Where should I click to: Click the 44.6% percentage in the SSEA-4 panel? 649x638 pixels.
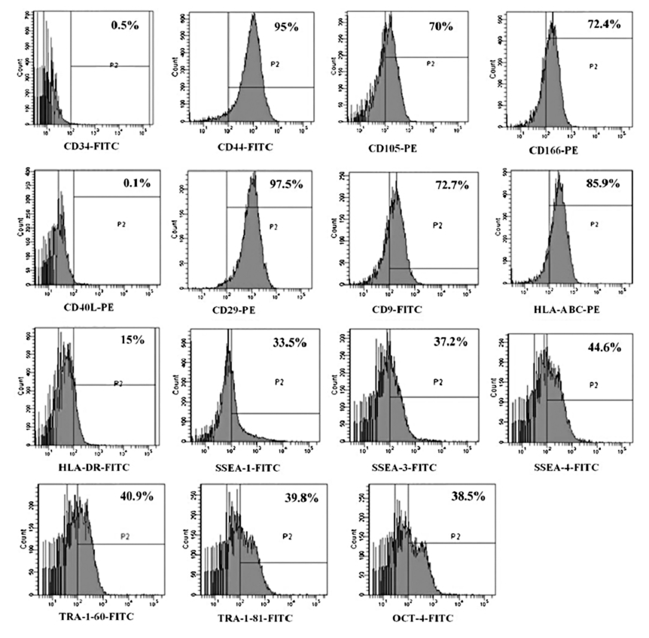point(608,347)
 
